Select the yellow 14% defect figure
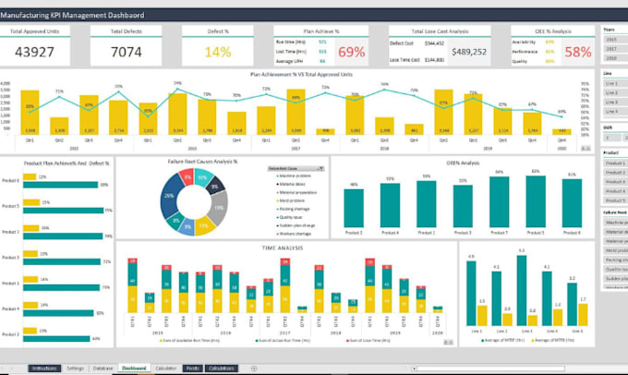pyautogui.click(x=218, y=52)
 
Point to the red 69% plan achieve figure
pyautogui.click(x=351, y=52)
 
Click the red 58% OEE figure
pyautogui.click(x=578, y=52)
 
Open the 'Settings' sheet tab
pyautogui.click(x=76, y=368)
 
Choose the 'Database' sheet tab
pyautogui.click(x=103, y=368)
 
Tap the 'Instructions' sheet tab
pyautogui.click(x=43, y=368)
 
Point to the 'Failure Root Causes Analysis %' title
pyautogui.click(x=204, y=161)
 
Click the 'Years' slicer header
pyautogui.click(x=610, y=30)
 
